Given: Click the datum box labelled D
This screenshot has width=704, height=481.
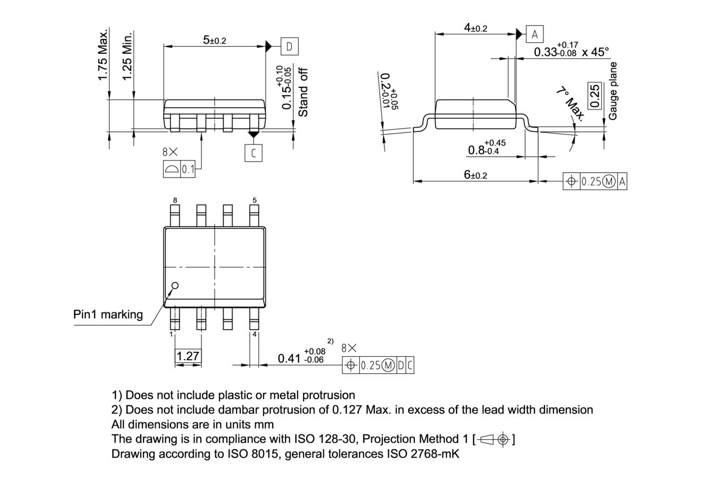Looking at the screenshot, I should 289,47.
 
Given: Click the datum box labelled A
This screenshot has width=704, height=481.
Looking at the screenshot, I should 535,35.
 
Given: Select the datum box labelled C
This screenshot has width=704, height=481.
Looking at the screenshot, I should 253,153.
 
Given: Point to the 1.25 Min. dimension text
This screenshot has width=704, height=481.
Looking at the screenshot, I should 128,55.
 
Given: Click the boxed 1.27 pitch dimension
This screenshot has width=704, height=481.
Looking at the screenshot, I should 188,356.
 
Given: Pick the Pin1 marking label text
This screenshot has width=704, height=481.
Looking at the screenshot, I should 108,314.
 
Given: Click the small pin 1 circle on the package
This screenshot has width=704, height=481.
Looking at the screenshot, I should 175,285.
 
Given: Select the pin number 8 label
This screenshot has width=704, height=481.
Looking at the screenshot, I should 175,201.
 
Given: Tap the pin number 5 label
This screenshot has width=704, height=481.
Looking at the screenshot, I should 255,201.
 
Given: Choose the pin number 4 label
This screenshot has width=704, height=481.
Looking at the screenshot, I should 254,334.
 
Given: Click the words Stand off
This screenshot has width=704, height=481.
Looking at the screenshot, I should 303,92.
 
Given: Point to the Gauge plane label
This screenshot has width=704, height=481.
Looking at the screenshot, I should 613,91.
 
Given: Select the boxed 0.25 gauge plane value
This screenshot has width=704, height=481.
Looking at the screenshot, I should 594,97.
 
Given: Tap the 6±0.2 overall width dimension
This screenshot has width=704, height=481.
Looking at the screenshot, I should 475,175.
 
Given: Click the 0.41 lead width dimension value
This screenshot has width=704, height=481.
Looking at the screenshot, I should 289,358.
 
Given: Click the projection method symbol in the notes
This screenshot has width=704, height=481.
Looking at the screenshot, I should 493,439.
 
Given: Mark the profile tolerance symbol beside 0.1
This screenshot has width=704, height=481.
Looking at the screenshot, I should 172,169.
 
